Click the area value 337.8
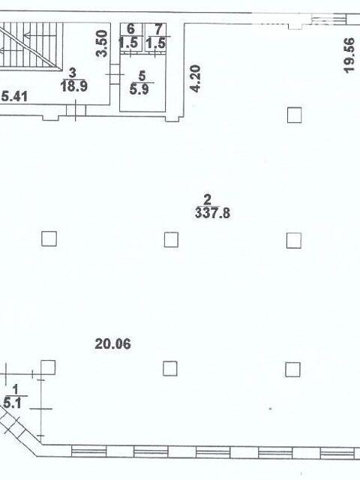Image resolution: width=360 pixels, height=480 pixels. [x=212, y=213]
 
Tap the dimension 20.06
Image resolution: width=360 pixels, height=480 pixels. [x=112, y=343]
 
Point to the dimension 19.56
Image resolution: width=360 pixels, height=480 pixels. [x=349, y=55]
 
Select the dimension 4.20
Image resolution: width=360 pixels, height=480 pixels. [x=195, y=79]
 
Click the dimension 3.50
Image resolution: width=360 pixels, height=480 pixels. [x=102, y=43]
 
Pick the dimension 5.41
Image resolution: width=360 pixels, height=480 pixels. [x=14, y=97]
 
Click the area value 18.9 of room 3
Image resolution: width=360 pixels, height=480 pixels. [x=74, y=86]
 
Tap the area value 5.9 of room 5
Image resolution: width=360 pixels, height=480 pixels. [x=139, y=89]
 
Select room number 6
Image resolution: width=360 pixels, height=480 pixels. [x=130, y=29]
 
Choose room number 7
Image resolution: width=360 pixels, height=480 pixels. [x=158, y=29]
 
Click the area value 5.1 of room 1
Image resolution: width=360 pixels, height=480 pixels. [x=12, y=403]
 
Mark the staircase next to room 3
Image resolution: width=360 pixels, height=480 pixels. [x=31, y=46]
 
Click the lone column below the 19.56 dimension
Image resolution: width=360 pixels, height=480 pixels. [x=294, y=115]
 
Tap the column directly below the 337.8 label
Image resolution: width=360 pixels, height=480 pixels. [x=171, y=239]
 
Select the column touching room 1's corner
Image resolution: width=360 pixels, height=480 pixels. [x=48, y=367]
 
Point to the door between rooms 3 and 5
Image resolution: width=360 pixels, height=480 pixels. [x=115, y=74]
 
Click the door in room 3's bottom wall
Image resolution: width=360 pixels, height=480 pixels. [x=76, y=109]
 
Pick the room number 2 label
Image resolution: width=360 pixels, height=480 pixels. [x=208, y=200]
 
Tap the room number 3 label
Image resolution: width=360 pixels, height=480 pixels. [x=73, y=73]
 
